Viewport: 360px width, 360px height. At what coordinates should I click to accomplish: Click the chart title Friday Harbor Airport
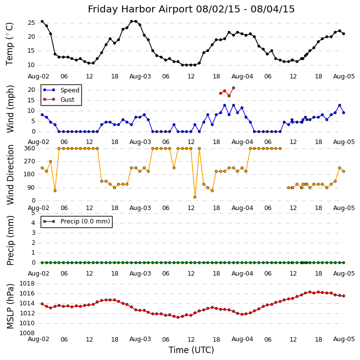pos(191,9)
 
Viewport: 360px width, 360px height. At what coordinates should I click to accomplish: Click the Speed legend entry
pos(69,90)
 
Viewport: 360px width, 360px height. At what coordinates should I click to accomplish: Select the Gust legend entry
pos(67,100)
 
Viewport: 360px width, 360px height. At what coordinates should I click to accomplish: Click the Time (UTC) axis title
pos(191,350)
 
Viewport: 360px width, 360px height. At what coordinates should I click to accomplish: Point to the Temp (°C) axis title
pos(10,44)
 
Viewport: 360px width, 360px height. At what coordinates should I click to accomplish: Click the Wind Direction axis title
pos(10,174)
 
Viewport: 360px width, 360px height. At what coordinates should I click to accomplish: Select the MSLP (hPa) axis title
pos(10,306)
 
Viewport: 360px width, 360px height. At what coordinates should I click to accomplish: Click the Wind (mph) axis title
pos(10,109)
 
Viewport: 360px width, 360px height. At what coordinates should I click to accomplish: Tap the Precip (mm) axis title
pos(10,240)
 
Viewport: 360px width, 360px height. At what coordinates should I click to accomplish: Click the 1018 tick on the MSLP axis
pos(27,284)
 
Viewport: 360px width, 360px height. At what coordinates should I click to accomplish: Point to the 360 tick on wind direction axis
pos(29,148)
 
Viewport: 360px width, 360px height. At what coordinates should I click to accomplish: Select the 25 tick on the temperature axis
pos(31,23)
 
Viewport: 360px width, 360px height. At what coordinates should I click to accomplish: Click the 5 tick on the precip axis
pos(33,213)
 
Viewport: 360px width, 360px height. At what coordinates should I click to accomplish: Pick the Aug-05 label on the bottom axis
pos(344,340)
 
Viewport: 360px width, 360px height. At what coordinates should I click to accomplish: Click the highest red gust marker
pos(233,88)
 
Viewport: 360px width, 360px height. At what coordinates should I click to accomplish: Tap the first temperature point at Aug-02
pos(42,21)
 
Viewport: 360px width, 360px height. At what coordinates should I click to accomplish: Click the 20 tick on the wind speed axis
pos(31,90)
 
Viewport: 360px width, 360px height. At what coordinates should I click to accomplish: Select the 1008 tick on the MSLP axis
pos(27,333)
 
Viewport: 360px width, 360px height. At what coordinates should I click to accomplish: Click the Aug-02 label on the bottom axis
pos(39,340)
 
